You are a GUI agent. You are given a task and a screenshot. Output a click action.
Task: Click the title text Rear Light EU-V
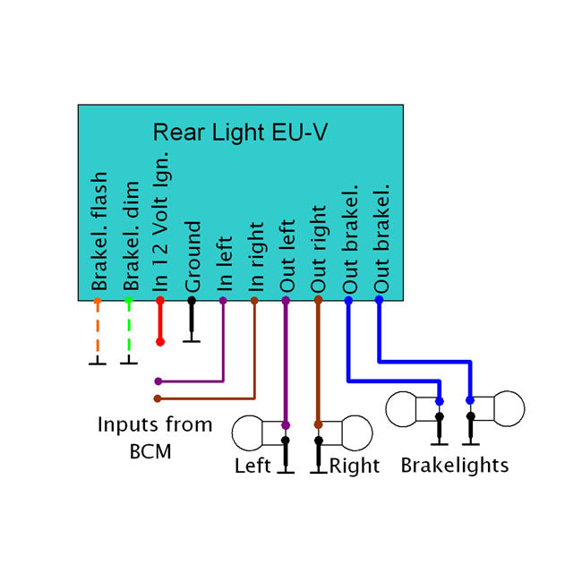[240, 133]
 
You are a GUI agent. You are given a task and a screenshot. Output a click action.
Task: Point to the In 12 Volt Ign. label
[161, 219]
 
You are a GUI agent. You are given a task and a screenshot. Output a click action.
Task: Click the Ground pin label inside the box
[193, 257]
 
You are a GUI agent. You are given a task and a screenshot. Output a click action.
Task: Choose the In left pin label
[224, 264]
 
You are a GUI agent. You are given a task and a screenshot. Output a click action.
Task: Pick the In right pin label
[255, 258]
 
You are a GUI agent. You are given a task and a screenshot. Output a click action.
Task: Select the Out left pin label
[287, 256]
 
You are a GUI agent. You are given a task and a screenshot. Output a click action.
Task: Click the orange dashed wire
[98, 331]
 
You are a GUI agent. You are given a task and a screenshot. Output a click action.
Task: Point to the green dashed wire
[129, 331]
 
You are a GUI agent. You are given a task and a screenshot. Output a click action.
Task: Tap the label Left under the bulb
[253, 466]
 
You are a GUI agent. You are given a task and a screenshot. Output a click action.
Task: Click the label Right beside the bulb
[355, 466]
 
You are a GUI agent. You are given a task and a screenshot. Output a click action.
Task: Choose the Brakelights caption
[454, 466]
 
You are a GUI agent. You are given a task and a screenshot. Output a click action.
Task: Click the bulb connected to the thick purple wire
[255, 432]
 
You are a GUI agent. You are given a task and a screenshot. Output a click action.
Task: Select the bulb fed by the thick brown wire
[349, 432]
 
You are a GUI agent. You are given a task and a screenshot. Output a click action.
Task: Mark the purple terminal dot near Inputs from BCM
[158, 381]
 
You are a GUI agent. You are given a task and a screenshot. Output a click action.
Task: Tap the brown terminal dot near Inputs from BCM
[158, 398]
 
